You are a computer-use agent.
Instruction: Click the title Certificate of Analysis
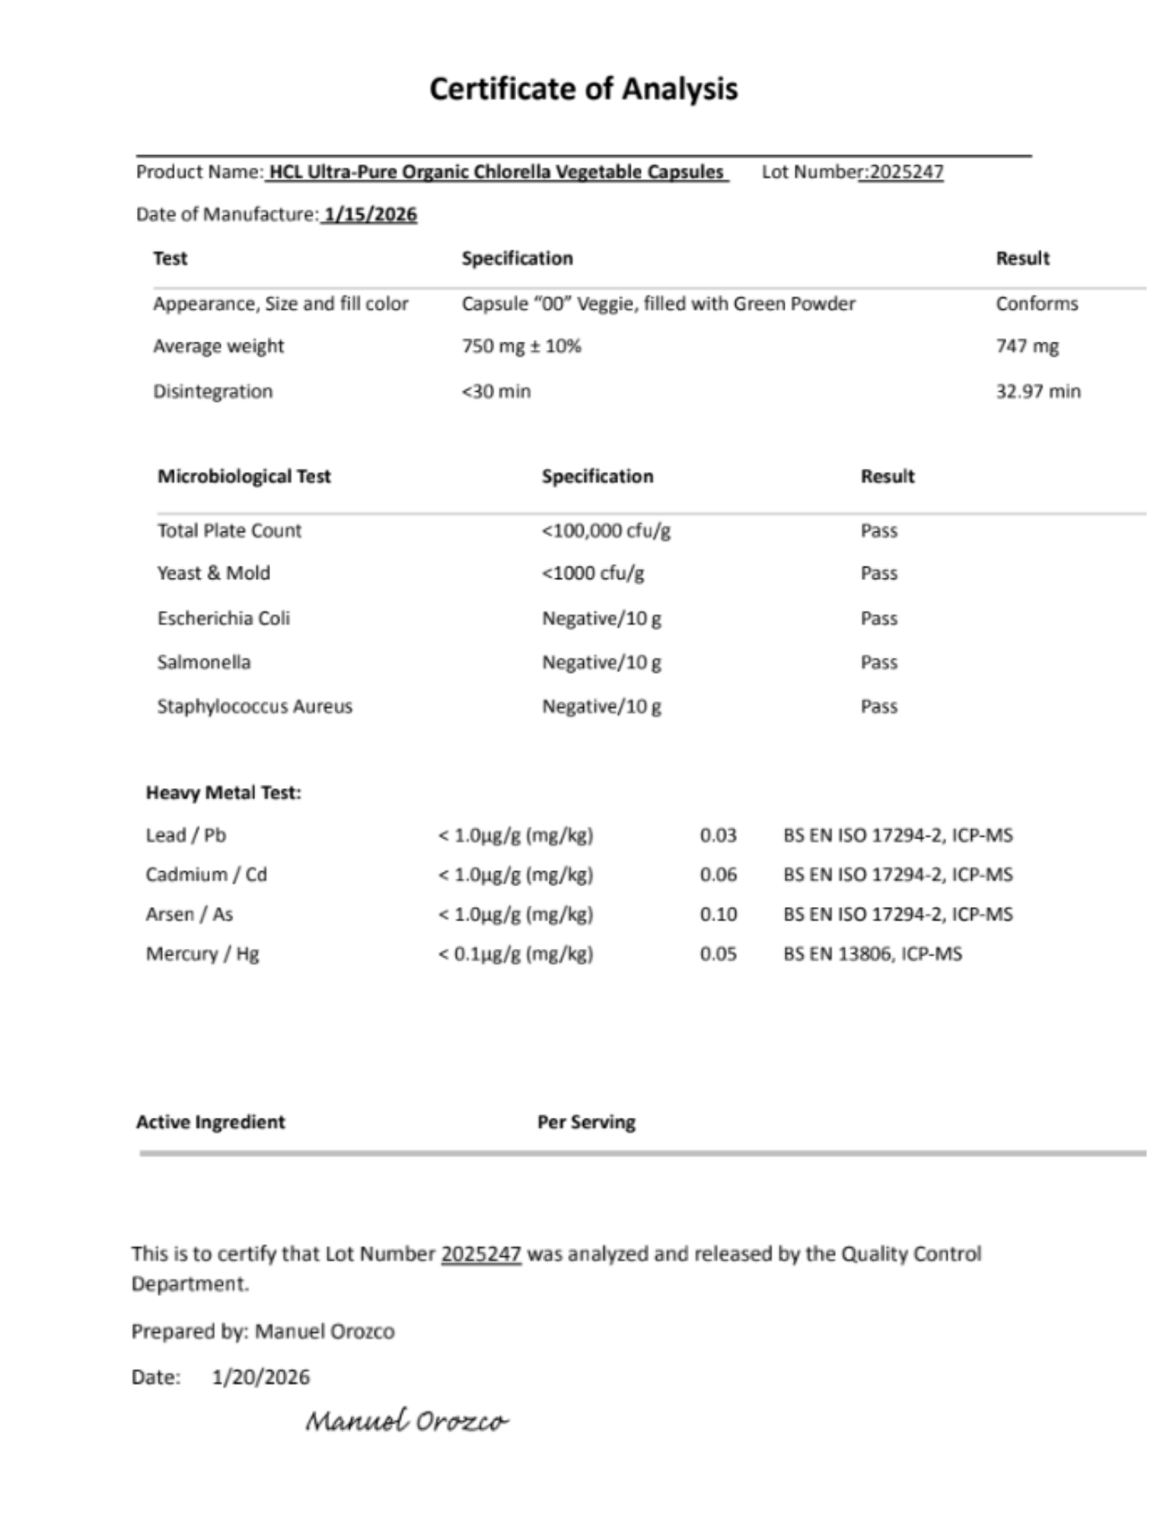(x=583, y=89)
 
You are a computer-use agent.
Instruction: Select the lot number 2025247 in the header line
(x=906, y=172)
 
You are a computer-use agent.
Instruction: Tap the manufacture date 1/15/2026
(x=371, y=215)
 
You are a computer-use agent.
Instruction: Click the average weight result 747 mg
(x=1027, y=346)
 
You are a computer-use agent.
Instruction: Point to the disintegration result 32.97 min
(x=1037, y=391)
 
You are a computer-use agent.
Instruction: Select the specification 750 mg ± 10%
(x=521, y=346)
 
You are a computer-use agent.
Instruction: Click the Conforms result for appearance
(x=1037, y=304)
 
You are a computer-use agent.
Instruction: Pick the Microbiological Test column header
(x=244, y=476)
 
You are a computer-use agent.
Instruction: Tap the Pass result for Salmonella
(x=878, y=662)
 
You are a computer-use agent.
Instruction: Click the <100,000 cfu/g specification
(x=606, y=530)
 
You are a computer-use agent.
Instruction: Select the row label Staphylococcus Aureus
(x=254, y=706)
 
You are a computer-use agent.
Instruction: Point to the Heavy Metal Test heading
(x=223, y=793)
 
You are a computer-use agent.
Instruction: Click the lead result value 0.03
(x=718, y=835)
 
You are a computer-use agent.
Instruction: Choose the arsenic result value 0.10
(x=718, y=914)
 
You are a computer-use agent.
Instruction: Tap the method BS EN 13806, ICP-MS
(x=872, y=953)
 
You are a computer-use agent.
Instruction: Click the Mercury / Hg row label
(x=202, y=953)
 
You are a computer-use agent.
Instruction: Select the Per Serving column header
(x=586, y=1122)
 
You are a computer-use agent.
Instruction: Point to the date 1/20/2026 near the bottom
(x=260, y=1377)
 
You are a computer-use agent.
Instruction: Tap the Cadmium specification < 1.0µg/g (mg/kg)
(x=515, y=874)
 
